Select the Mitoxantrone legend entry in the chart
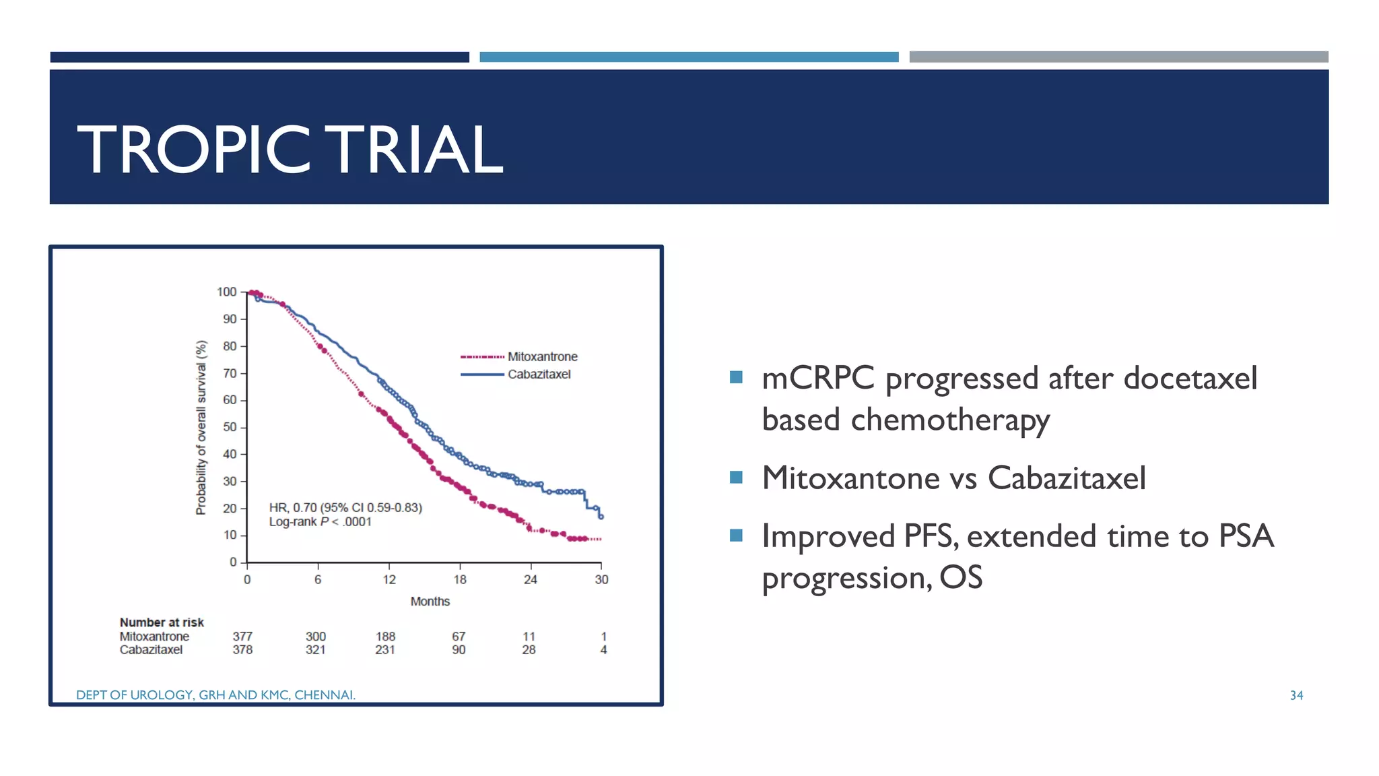542,356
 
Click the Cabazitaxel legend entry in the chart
539,374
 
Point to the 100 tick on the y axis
227,292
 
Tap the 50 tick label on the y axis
230,427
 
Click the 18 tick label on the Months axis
460,579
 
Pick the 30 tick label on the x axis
601,579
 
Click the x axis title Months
430,601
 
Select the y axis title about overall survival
201,427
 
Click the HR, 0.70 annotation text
345,507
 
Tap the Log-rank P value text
320,522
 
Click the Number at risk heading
162,622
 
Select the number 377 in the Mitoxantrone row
242,637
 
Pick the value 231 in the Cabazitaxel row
384,650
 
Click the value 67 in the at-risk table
459,637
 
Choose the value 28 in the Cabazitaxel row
529,650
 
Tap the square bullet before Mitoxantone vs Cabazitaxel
736,478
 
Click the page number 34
1296,695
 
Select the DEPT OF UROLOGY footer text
215,694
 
